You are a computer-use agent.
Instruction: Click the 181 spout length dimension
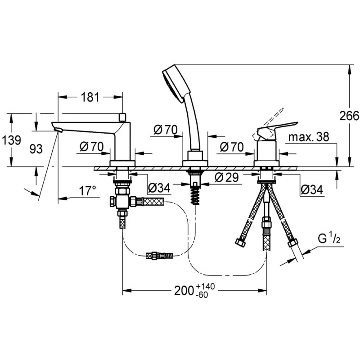tap(90, 97)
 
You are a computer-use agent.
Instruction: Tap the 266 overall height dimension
tap(350, 116)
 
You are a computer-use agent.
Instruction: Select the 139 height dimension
tap(11, 140)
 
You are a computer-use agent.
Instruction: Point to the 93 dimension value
tap(36, 149)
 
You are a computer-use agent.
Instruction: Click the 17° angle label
tap(87, 191)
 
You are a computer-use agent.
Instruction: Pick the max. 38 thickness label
tap(309, 137)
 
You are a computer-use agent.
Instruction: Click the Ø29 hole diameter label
tap(227, 177)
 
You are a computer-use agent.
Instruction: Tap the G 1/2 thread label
tap(329, 239)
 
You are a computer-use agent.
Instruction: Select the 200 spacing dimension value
tap(184, 291)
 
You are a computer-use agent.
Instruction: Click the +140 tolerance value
tap(206, 287)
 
